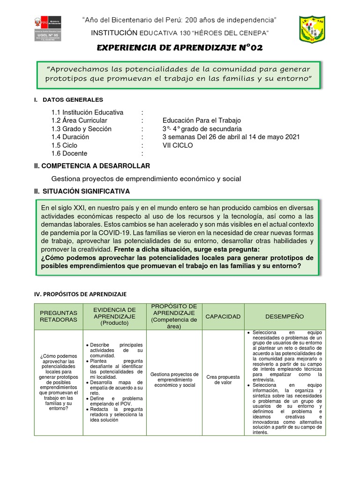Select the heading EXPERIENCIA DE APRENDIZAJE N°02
coord(179,48)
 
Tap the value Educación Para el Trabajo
coord(201,120)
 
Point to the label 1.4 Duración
coord(70,137)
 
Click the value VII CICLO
coord(177,145)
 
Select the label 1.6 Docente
coord(69,153)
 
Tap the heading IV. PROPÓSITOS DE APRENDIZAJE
coord(80,294)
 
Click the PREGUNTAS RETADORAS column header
coord(59,316)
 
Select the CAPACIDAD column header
coord(223,316)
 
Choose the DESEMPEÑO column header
coord(285,316)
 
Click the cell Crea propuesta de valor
coord(223,380)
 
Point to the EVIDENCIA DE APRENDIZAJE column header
coord(114,316)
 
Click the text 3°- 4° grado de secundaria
coord(202,129)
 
